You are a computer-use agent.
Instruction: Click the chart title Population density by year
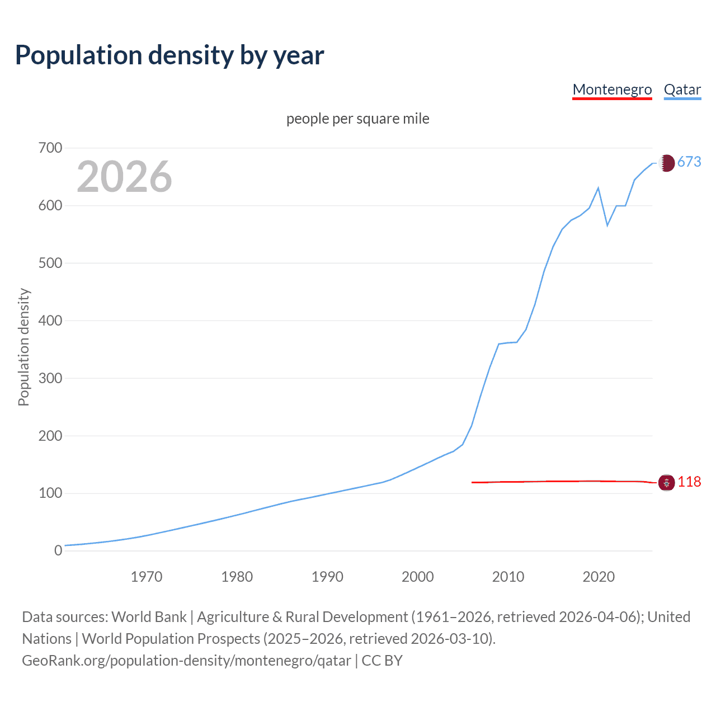point(169,55)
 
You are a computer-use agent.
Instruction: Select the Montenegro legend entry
point(612,89)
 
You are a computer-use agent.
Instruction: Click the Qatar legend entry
point(682,89)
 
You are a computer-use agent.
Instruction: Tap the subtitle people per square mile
point(357,119)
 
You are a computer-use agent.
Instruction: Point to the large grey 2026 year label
point(124,177)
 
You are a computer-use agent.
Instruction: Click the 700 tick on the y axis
point(50,148)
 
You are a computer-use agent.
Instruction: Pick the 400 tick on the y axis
point(50,321)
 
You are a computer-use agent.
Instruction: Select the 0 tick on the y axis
point(58,550)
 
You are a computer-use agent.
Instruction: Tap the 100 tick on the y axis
point(50,493)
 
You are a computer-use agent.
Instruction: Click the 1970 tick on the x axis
point(147,577)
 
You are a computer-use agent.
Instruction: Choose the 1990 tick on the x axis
point(327,577)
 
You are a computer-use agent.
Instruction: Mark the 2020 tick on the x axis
point(599,577)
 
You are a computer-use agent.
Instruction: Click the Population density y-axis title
point(23,347)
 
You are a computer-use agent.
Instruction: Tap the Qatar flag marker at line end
point(666,163)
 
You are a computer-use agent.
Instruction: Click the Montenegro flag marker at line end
point(666,482)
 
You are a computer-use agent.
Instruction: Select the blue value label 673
point(689,162)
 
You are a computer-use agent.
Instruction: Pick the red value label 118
point(689,482)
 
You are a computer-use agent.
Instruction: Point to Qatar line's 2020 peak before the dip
point(599,188)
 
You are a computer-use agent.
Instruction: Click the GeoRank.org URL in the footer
point(186,661)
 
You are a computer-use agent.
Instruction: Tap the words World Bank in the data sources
point(149,617)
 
